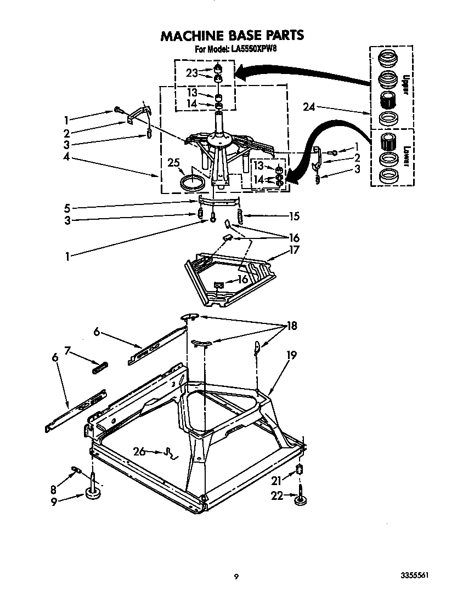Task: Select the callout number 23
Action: [191, 73]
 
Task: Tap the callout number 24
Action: [309, 107]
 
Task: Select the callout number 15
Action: [295, 216]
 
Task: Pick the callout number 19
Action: [291, 355]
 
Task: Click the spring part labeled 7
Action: [100, 367]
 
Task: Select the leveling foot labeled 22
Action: [301, 501]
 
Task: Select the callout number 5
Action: [67, 208]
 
